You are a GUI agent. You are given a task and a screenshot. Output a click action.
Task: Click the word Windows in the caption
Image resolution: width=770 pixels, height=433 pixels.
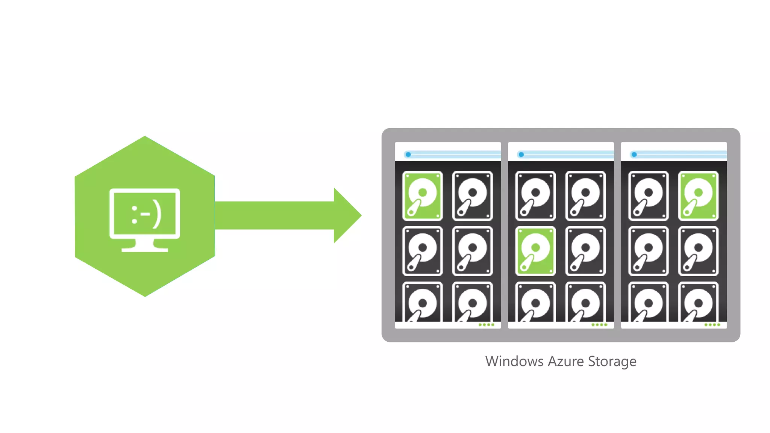[x=514, y=361]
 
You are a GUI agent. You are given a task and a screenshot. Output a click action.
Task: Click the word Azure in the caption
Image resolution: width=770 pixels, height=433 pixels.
[x=566, y=361]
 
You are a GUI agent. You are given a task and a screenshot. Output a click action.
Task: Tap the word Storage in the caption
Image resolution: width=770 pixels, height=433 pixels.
[x=612, y=361]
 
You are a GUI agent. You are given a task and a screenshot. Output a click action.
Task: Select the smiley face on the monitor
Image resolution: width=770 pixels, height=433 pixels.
[x=146, y=215]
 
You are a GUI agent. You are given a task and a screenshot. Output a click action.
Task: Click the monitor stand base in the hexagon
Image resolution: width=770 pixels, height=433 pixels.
[x=145, y=249]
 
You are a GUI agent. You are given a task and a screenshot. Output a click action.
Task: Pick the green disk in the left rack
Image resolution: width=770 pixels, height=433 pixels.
[x=422, y=195]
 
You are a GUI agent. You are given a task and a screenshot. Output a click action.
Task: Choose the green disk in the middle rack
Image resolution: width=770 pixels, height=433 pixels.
[x=535, y=251]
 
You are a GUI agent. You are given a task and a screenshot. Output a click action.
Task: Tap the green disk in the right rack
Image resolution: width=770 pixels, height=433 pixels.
[x=698, y=195]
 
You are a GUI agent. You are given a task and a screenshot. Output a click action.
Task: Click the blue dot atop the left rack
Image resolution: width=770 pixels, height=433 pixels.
[x=408, y=154]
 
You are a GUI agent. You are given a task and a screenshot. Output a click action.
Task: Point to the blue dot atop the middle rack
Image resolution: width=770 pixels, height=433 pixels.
[x=521, y=154]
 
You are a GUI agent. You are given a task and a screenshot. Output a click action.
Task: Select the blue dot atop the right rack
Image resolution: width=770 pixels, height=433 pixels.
[x=634, y=154]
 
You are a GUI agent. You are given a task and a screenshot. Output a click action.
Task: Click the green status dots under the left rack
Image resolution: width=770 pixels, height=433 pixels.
[x=487, y=325]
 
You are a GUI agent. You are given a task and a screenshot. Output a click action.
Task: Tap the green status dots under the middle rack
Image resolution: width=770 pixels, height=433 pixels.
[x=599, y=325]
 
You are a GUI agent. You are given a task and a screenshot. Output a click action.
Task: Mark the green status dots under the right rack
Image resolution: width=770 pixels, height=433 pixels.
[x=712, y=325]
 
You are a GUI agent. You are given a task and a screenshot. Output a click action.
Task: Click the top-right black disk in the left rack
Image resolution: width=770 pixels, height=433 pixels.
[x=472, y=195]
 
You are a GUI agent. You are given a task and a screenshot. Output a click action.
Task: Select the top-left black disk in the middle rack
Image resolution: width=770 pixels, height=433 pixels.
[x=535, y=195]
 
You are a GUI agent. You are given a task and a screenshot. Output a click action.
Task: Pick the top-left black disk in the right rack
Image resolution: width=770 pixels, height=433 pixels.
[x=649, y=195]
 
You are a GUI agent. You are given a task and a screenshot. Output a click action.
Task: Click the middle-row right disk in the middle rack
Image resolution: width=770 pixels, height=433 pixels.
[x=585, y=251]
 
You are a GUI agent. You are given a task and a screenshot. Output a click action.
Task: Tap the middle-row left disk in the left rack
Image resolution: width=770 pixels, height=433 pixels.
[x=422, y=251]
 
